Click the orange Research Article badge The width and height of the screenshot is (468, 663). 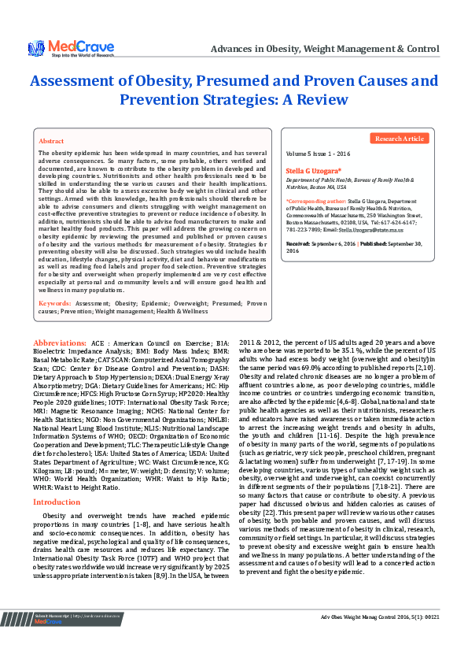pyautogui.click(x=400, y=139)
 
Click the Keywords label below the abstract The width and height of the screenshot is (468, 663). pyautogui.click(x=55, y=303)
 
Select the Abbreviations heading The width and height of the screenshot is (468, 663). pyautogui.click(x=60, y=343)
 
